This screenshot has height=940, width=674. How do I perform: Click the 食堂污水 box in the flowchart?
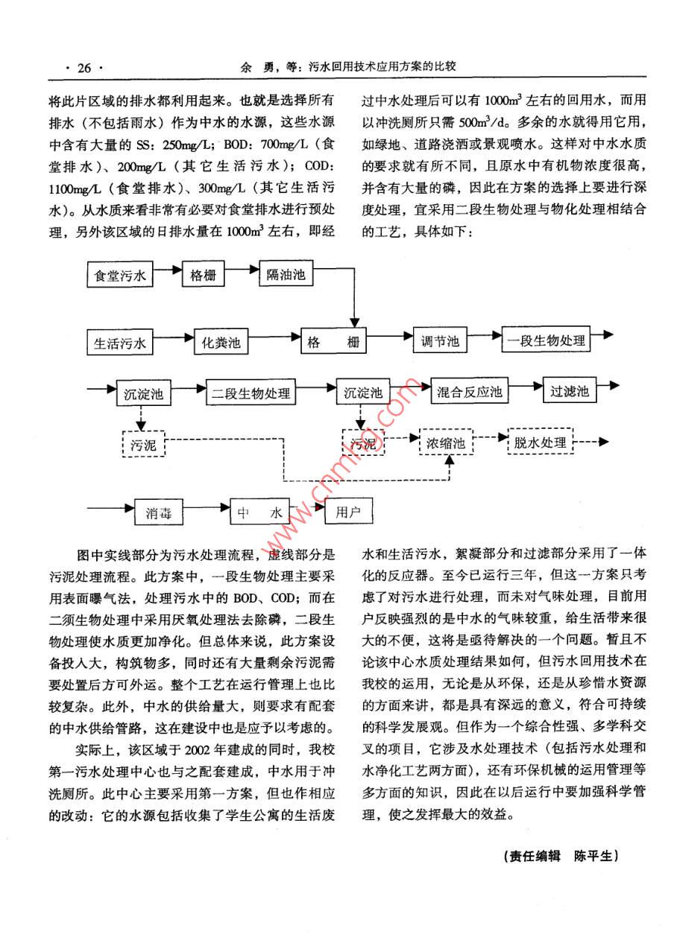pyautogui.click(x=119, y=275)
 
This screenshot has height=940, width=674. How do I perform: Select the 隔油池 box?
pyautogui.click(x=286, y=274)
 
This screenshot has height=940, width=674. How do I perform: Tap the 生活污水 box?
pyautogui.click(x=119, y=343)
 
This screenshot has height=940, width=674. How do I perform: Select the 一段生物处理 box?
pyautogui.click(x=547, y=342)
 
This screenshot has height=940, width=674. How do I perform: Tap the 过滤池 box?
pyautogui.click(x=570, y=391)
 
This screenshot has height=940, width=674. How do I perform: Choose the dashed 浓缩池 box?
pyautogui.click(x=446, y=444)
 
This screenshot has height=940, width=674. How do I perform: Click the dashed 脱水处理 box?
pyautogui.click(x=541, y=442)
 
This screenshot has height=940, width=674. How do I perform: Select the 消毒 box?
pyautogui.click(x=157, y=512)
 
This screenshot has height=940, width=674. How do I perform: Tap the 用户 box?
pyautogui.click(x=348, y=512)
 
